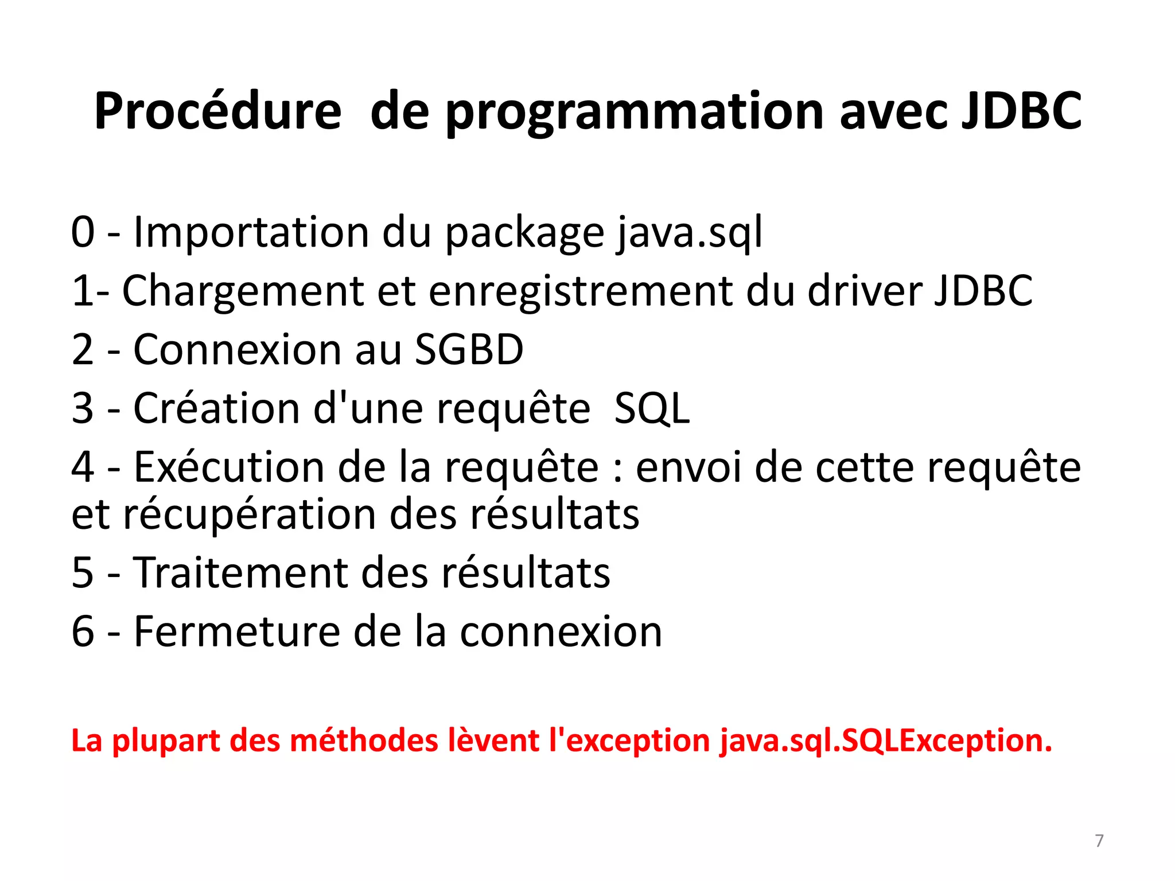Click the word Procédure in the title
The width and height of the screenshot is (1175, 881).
click(x=217, y=111)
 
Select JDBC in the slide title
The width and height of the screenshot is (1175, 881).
click(x=1021, y=111)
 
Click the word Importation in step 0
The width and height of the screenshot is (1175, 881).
click(x=251, y=232)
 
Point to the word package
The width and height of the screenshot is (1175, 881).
click(x=525, y=234)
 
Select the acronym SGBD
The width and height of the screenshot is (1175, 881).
click(x=469, y=350)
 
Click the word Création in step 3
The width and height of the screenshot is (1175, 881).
click(x=217, y=408)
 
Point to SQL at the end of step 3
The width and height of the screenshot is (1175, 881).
click(x=652, y=409)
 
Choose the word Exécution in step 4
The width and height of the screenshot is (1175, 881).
click(x=229, y=467)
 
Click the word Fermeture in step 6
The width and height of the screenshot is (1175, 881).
click(x=237, y=631)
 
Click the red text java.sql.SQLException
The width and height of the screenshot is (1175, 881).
click(x=886, y=742)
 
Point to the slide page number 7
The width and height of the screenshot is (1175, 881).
click(x=1099, y=841)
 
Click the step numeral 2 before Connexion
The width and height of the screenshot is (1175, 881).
click(x=83, y=350)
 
